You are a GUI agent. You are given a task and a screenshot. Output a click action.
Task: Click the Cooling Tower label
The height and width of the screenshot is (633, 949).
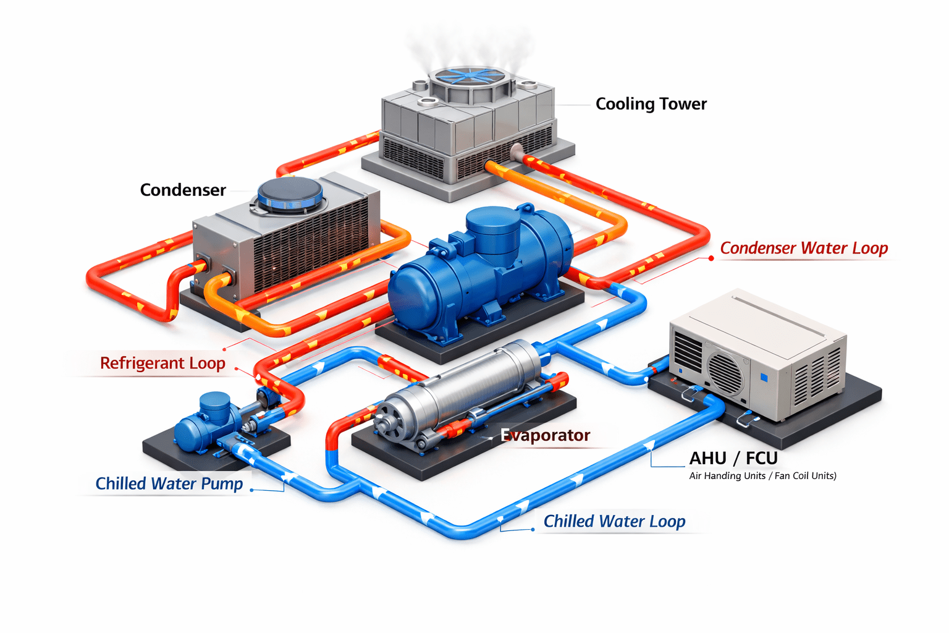tap(651, 104)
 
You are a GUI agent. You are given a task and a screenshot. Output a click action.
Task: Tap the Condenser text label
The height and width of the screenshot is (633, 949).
tap(183, 190)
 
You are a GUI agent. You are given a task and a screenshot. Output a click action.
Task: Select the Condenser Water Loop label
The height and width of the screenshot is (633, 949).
tap(804, 249)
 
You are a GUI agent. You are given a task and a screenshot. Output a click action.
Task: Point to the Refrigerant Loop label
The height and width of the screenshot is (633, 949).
tap(162, 363)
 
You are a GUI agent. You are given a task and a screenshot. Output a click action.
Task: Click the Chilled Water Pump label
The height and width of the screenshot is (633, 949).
tap(169, 483)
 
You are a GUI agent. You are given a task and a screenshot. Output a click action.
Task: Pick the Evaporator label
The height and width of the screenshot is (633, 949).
tap(546, 435)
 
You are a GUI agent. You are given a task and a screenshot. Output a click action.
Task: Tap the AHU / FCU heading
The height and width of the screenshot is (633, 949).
tap(733, 458)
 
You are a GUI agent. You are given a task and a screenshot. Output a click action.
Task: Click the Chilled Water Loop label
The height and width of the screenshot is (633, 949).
tap(614, 521)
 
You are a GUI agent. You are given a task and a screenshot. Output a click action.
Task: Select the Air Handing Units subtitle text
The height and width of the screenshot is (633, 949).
tap(762, 476)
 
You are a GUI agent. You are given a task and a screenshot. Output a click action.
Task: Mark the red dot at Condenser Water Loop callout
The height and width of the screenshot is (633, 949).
tap(711, 258)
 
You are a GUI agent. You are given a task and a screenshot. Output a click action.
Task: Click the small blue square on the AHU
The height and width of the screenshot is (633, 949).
tap(764, 377)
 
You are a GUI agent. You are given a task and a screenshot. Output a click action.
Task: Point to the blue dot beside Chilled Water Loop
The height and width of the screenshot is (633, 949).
tap(533, 530)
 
